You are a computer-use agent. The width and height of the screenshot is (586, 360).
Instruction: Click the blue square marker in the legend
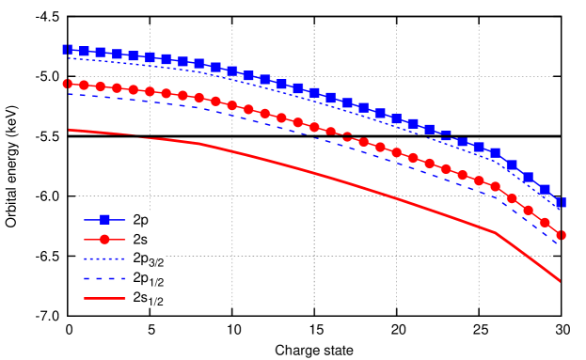pos(104,219)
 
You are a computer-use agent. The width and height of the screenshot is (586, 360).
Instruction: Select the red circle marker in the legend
pos(104,239)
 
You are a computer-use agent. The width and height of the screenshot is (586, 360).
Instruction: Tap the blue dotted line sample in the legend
pos(104,258)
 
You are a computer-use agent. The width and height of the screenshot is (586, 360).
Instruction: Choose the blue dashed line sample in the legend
pos(104,278)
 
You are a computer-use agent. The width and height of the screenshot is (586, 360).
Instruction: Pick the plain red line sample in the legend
pos(104,298)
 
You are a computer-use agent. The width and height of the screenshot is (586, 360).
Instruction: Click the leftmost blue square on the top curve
pos(68,49)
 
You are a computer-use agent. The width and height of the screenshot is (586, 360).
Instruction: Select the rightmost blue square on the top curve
pos(561,202)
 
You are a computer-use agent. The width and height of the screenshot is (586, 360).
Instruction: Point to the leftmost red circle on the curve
pos(68,84)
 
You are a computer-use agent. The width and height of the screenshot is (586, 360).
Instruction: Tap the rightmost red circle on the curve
pos(561,235)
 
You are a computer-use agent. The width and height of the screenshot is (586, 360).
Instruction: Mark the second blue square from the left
pos(84,51)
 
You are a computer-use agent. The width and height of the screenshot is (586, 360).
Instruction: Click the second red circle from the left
pos(84,86)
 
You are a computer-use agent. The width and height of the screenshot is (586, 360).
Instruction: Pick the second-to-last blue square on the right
pos(545,189)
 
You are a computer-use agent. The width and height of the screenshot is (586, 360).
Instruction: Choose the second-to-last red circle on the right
pos(545,223)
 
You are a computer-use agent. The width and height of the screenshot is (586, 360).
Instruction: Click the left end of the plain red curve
pos(69,130)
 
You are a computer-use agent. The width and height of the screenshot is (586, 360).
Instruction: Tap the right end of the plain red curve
pos(560,280)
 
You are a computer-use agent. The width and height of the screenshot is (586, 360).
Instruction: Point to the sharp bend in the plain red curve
pos(495,232)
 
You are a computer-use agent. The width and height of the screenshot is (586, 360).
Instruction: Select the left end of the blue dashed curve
pos(68,93)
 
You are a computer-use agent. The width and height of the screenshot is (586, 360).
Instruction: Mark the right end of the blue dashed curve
pos(559,244)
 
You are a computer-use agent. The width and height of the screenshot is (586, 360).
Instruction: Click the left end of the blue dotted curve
pos(68,58)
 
